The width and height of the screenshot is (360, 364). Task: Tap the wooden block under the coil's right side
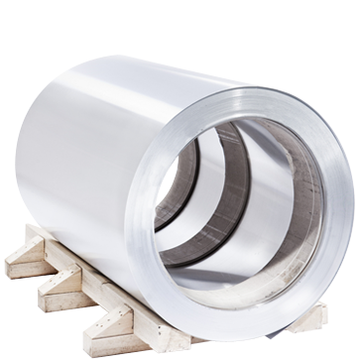[x=315, y=315]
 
